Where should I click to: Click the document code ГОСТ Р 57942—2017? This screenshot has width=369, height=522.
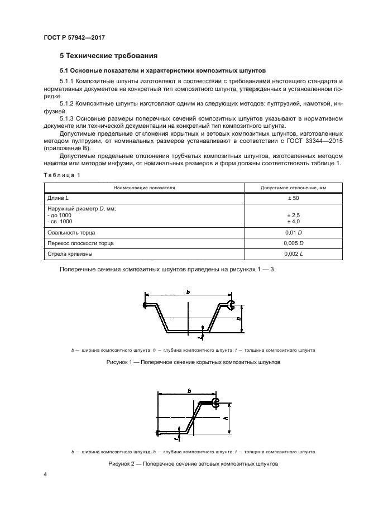click(x=74, y=37)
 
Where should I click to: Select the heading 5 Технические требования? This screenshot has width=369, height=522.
click(x=108, y=56)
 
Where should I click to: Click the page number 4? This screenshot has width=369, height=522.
click(x=45, y=474)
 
